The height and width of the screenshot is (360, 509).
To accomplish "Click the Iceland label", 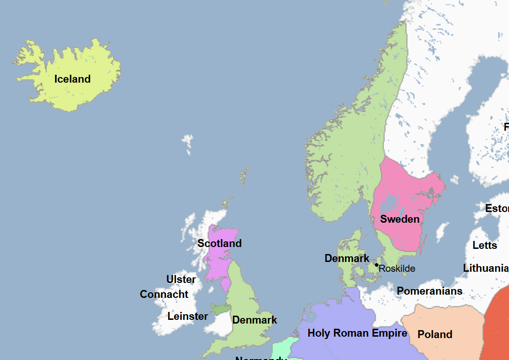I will pos(72,79).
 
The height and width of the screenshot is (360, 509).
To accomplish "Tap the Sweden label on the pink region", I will pos(400,219).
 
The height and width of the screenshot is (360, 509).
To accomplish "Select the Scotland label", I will pos(219,243).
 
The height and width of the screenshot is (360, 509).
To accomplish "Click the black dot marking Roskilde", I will pos(376,265).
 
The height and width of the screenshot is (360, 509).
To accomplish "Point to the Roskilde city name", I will pos(397,268).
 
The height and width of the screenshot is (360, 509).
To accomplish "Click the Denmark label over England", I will pos(254,320).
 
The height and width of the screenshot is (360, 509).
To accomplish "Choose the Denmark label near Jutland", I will pos(347,258).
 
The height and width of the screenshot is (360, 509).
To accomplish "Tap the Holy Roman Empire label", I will pos(357,333).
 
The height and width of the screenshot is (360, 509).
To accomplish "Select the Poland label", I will pos(435,334).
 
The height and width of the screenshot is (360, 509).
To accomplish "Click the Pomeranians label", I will pos(430,291).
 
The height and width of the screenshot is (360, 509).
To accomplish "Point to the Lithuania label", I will pos(485,268).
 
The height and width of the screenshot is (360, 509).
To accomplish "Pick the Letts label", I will pos(485,245).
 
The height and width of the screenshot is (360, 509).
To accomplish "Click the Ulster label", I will pos(181,279).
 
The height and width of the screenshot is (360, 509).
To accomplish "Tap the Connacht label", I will pos(164,295).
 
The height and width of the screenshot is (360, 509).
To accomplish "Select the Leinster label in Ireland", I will pos(188,316).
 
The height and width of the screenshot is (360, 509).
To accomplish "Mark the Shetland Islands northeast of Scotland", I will pos(244,176).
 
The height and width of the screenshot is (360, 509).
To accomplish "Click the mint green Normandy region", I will pos(280,348).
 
